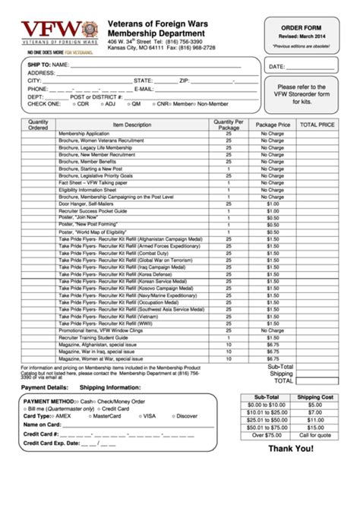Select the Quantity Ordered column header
[x=38, y=124]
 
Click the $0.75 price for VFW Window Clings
[x=273, y=330]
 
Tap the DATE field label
[x=276, y=67]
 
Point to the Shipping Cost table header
[x=314, y=396]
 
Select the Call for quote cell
[x=314, y=435]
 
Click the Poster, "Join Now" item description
[x=81, y=217]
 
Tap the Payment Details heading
[x=44, y=387]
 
